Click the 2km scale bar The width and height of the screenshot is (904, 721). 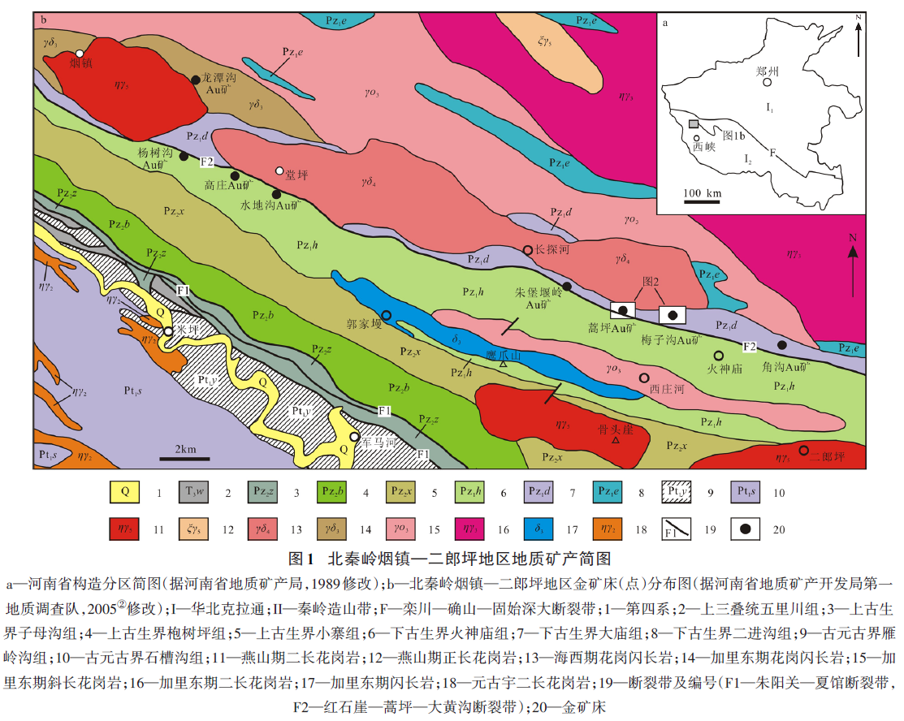tap(185, 458)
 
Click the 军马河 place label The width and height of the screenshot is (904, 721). tap(378, 443)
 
